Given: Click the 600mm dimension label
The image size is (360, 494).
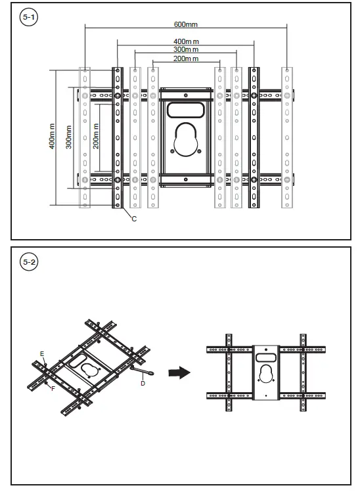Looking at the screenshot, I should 186,24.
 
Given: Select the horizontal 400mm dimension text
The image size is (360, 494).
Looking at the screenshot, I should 186,41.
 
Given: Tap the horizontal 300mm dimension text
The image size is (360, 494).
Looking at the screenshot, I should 186,49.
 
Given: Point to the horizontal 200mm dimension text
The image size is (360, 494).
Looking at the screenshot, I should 186,58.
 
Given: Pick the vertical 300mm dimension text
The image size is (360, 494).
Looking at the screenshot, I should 68,136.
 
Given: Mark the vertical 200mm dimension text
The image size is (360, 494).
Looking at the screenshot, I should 95,136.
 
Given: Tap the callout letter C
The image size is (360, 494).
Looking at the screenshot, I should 133,218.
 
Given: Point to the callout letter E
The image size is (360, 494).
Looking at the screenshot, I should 42,354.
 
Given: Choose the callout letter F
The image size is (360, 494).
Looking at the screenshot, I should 53,389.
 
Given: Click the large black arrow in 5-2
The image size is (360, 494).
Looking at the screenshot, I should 179,372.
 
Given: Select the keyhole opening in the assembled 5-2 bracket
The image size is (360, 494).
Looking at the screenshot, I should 266,374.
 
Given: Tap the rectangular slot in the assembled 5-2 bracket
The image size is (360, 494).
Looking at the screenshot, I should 266,357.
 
